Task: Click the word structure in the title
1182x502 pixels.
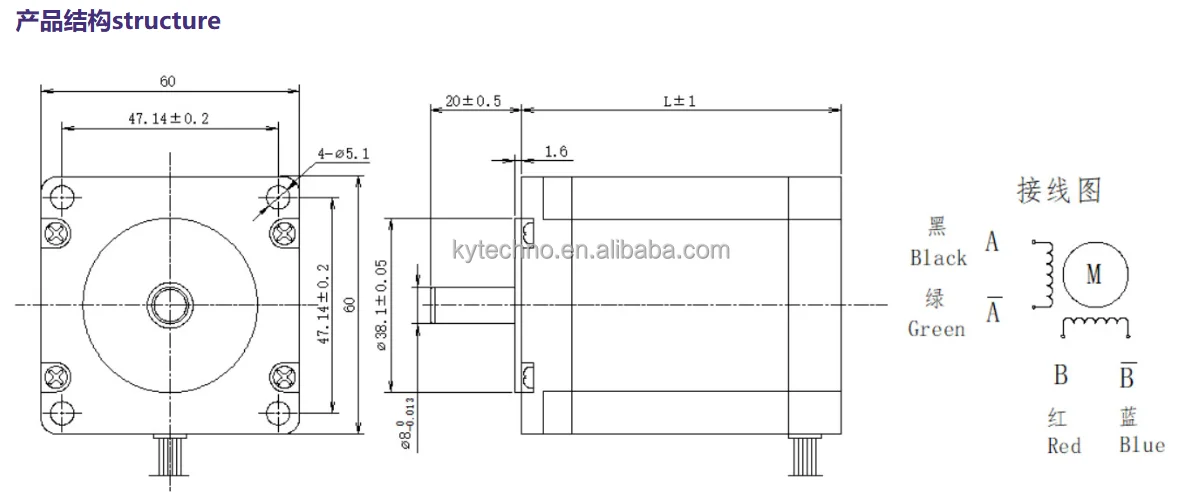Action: pyautogui.click(x=166, y=20)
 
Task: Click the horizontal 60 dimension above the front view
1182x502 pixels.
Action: pyautogui.click(x=168, y=80)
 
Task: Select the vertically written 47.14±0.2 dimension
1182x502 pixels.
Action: pyautogui.click(x=322, y=304)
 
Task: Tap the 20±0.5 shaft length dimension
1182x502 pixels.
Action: pyautogui.click(x=473, y=102)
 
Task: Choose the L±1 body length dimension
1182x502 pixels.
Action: pyautogui.click(x=678, y=102)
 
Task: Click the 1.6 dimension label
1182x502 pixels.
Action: pyautogui.click(x=557, y=152)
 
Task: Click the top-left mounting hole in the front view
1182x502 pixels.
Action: pyautogui.click(x=62, y=194)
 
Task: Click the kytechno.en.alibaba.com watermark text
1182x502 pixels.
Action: pyautogui.click(x=590, y=250)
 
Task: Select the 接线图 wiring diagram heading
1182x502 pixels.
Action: pyautogui.click(x=1059, y=190)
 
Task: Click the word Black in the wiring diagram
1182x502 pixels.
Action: pyautogui.click(x=938, y=258)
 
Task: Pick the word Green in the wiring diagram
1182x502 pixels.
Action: pyautogui.click(x=936, y=329)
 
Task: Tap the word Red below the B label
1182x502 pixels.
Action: pyautogui.click(x=1064, y=446)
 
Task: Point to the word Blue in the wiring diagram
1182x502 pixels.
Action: pyautogui.click(x=1142, y=445)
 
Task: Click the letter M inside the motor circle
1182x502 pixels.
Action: pyautogui.click(x=1094, y=273)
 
